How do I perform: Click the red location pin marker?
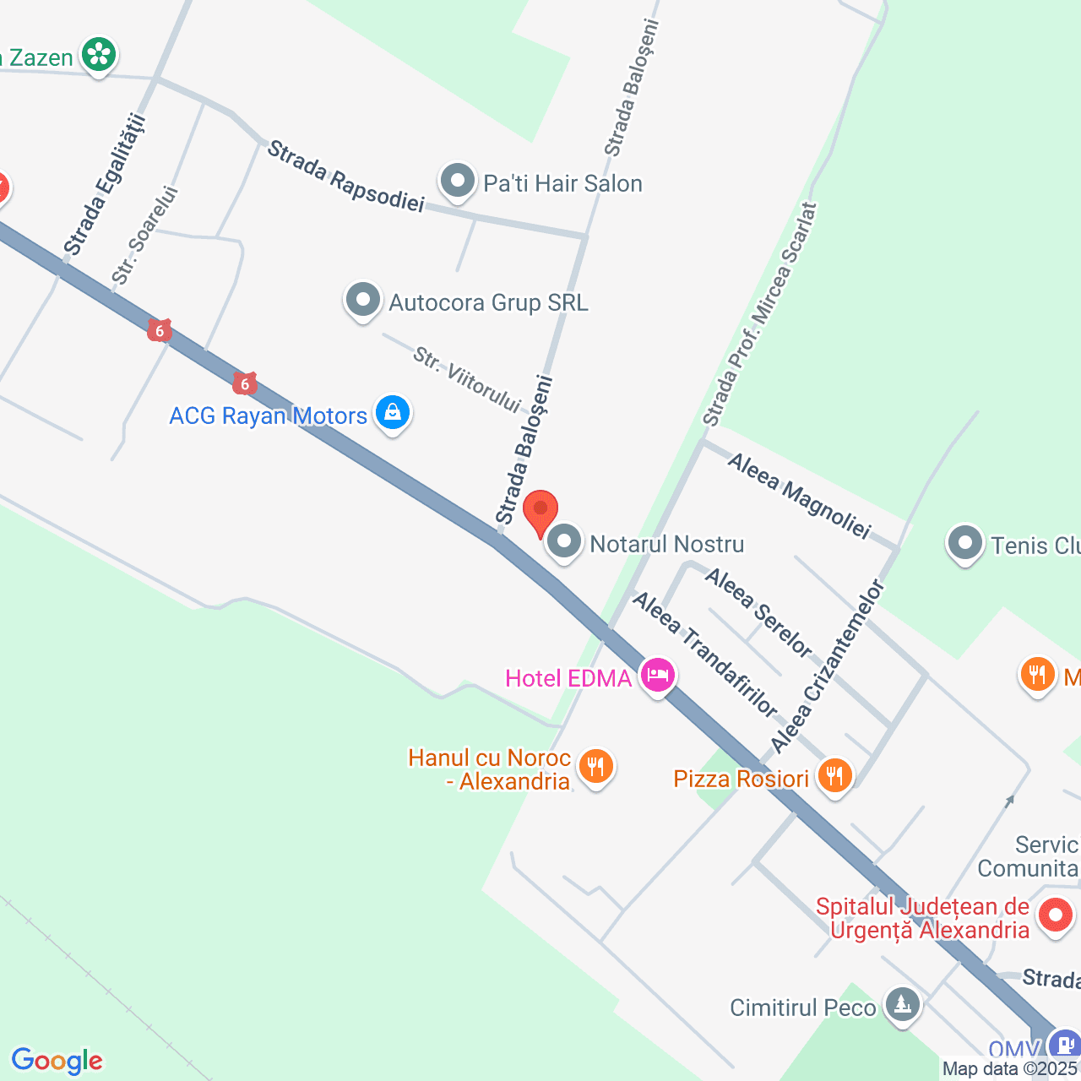540,510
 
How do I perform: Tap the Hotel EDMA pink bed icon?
658,675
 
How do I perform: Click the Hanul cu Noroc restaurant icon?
596,766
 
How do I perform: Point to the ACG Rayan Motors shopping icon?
392,412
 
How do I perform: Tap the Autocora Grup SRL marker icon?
363,299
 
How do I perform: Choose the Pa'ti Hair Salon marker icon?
458,180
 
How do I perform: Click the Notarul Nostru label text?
667,545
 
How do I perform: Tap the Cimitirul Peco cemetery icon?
903,1004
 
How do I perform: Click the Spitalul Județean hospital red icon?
1055,915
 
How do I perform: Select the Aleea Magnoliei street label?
798,496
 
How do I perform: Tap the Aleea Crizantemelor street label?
828,665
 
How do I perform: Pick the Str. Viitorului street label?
466,381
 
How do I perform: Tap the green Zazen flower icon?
99,55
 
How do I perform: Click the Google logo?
57,1061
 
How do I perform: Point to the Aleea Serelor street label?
758,613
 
